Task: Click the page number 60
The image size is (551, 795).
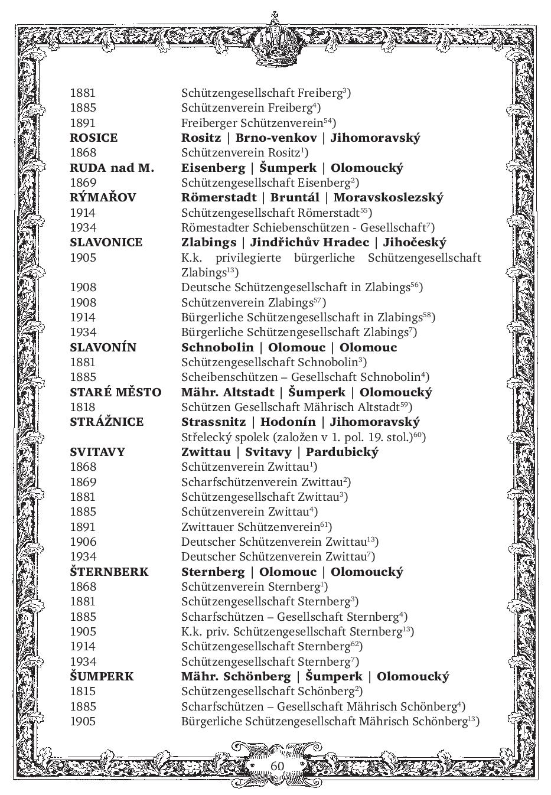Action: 277,765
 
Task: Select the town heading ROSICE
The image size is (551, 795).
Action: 93,138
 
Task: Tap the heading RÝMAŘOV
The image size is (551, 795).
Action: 102,197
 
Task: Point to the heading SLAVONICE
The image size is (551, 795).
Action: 106,242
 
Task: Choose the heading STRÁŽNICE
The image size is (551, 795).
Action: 106,422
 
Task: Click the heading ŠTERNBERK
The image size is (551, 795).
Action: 109,572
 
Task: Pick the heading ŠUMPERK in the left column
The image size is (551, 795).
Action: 102,676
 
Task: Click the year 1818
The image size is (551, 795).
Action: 83,407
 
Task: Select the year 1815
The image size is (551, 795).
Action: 83,691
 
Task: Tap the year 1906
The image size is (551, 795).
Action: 83,542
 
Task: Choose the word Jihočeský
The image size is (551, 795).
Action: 415,242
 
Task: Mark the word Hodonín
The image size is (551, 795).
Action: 287,422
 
